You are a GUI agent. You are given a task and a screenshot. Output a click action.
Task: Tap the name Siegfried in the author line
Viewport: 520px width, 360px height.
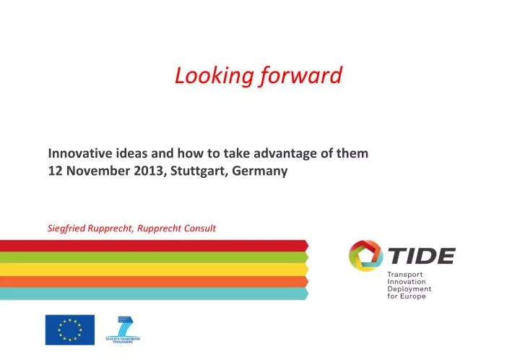pos(66,228)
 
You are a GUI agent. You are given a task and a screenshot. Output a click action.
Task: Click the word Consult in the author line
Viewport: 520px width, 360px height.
pos(198,228)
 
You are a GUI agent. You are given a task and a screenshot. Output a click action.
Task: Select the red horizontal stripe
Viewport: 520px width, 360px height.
pos(152,245)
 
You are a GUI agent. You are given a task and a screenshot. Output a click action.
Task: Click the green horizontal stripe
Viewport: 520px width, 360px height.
pos(152,257)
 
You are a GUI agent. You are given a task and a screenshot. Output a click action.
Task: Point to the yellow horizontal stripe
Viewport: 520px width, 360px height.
pos(152,269)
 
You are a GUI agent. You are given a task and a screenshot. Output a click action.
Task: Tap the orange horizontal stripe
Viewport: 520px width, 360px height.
pos(152,281)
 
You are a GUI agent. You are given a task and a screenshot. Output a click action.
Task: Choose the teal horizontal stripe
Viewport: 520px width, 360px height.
pos(152,293)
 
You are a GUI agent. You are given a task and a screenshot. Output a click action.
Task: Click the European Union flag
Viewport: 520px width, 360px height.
pos(70,330)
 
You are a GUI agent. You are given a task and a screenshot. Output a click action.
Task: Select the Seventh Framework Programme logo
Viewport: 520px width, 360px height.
pos(123,330)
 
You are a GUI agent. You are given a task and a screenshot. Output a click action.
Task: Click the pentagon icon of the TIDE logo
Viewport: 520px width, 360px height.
pos(365,256)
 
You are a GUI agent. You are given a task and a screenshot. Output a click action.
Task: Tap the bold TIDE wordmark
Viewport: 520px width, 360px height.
pos(422,255)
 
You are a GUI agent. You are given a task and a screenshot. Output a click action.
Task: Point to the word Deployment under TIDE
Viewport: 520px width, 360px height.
pos(409,288)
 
